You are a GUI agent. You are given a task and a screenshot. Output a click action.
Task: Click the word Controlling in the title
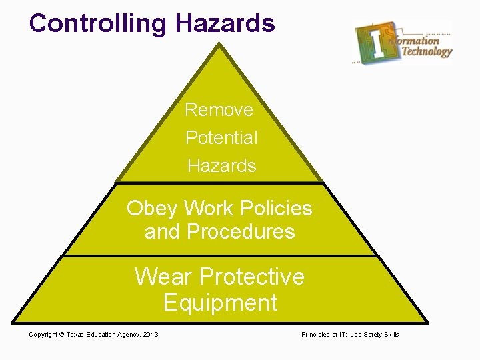(97, 23)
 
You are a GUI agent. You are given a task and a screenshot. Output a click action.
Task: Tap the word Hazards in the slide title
(225, 23)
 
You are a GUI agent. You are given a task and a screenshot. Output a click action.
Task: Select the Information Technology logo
(403, 41)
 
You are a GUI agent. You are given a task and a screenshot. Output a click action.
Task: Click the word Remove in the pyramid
(219, 109)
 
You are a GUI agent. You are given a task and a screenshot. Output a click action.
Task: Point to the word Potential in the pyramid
(221, 138)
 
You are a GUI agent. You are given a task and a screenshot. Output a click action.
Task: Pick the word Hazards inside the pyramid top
(222, 166)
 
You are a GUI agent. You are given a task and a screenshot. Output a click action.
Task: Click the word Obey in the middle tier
(152, 209)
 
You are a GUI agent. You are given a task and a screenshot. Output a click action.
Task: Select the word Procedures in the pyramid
(241, 232)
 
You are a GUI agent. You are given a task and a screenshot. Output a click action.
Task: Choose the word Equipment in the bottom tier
(220, 303)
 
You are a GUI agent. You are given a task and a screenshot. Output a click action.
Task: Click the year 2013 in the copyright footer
(151, 335)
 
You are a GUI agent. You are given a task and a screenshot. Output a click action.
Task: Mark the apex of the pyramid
(218, 45)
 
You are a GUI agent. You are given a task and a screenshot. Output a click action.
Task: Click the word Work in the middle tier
(205, 209)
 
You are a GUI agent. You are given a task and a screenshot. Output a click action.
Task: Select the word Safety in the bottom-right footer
(373, 335)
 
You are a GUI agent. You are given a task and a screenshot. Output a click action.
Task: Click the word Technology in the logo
(427, 51)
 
